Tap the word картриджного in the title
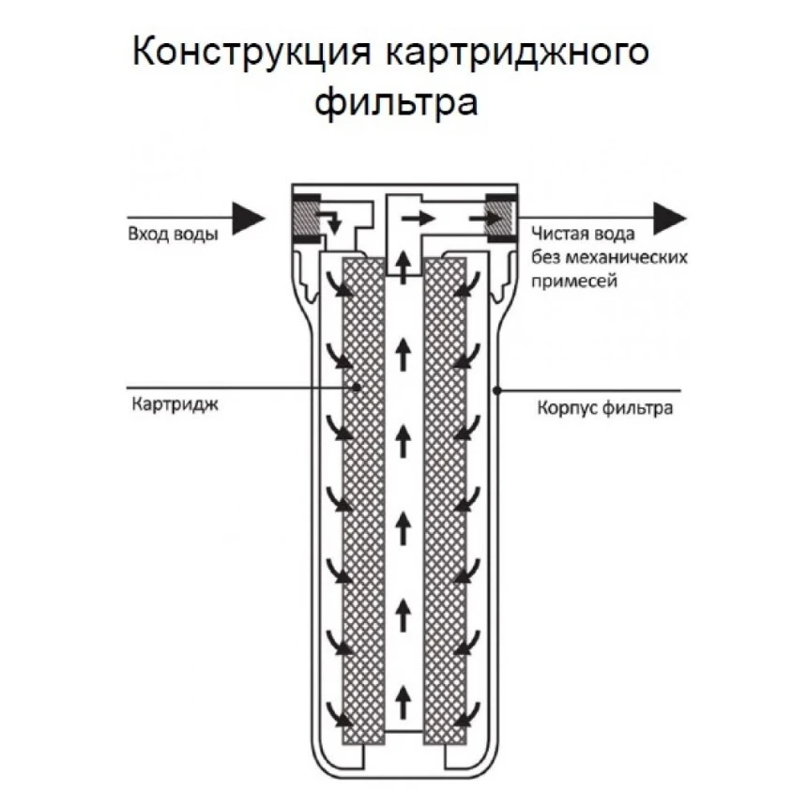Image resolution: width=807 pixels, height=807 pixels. tap(518, 53)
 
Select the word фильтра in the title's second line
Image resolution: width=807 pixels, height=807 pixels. tap(397, 101)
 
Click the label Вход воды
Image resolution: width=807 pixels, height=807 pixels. tap(173, 235)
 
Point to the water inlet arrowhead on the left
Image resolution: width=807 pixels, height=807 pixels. tap(248, 218)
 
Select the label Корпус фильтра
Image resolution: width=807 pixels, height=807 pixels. tap(604, 409)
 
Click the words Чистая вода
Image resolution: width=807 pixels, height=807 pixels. tap(583, 235)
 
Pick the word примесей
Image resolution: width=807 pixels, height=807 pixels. tap(573, 280)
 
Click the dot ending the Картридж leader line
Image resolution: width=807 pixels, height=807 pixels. tap(358, 387)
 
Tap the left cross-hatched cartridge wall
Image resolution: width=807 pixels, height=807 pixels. tap(361, 497)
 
